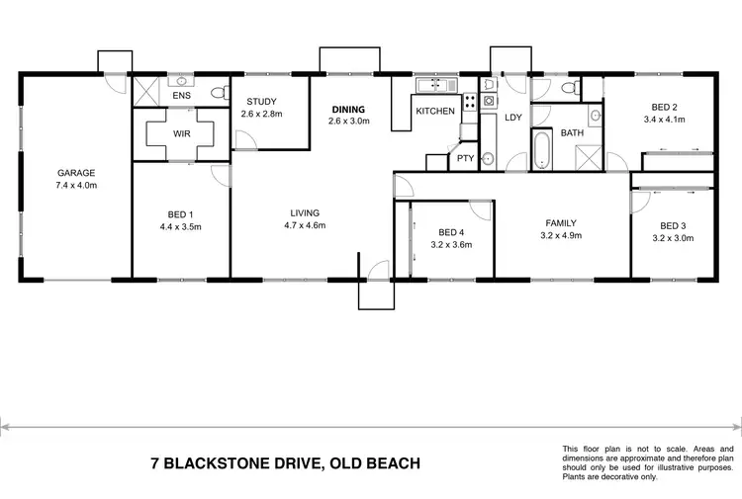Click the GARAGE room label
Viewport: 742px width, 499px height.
click(75, 172)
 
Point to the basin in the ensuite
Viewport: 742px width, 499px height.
click(182, 82)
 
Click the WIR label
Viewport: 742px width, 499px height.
click(180, 132)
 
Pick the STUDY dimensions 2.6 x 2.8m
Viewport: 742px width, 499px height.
click(261, 114)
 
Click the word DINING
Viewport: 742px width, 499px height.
click(348, 109)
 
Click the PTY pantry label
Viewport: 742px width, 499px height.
click(464, 158)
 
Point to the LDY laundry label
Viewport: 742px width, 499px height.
click(512, 118)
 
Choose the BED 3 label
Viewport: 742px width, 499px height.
click(672, 224)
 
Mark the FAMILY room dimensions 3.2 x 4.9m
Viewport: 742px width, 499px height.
click(560, 235)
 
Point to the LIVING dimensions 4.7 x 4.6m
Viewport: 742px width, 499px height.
click(306, 225)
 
